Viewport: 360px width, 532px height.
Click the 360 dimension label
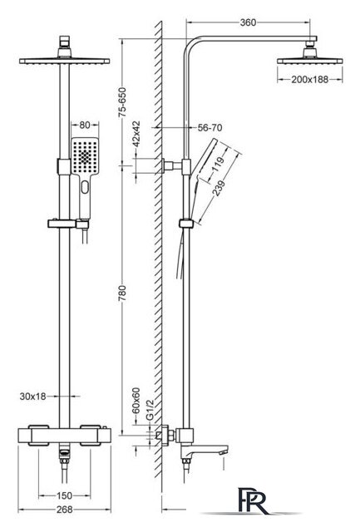pyautogui.click(x=248, y=22)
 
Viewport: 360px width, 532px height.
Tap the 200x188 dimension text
pyautogui.click(x=310, y=80)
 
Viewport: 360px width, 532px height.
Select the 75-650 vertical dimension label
pyautogui.click(x=122, y=102)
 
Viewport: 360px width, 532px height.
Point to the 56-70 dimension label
pyautogui.click(x=210, y=127)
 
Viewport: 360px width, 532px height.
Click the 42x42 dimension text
pyautogui.click(x=136, y=134)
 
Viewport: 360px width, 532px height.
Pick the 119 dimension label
pyautogui.click(x=217, y=165)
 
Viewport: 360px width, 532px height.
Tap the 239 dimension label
pyautogui.click(x=219, y=189)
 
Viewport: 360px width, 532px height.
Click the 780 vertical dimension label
pyautogui.click(x=122, y=293)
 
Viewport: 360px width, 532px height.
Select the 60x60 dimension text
pyautogui.click(x=136, y=401)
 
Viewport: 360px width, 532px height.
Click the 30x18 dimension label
pyautogui.click(x=32, y=397)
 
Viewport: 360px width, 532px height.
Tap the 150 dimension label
pyautogui.click(x=64, y=495)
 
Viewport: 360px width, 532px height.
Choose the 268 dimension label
pyautogui.click(x=64, y=510)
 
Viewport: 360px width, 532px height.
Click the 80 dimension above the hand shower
pyautogui.click(x=85, y=125)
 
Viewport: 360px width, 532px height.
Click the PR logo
pyautogui.click(x=252, y=500)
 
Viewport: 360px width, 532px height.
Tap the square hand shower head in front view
pyautogui.click(x=85, y=156)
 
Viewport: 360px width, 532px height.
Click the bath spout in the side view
pyautogui.click(x=204, y=451)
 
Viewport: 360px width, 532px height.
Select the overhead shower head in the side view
pyautogui.click(x=310, y=56)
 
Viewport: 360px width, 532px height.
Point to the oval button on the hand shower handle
pyautogui.click(x=85, y=187)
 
